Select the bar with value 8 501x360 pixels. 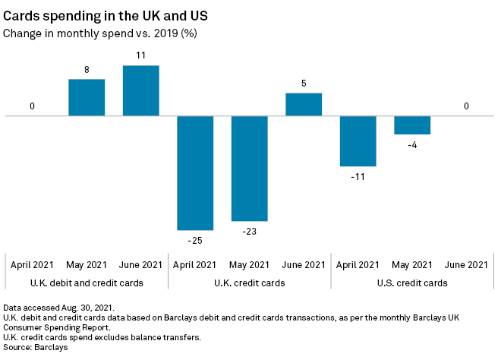pyautogui.click(x=87, y=97)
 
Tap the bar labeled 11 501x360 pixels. pyautogui.click(x=141, y=90)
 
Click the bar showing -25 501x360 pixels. pyautogui.click(x=195, y=172)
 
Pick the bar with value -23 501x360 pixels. pyautogui.click(x=250, y=168)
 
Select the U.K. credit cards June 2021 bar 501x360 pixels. pyautogui.click(x=304, y=104)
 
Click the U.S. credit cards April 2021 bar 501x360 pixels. pyautogui.click(x=358, y=141)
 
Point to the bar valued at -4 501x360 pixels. pyautogui.click(x=412, y=125)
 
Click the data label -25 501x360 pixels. pyautogui.click(x=195, y=240)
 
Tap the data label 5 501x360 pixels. pyautogui.click(x=304, y=84)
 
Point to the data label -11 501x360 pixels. pyautogui.click(x=358, y=176)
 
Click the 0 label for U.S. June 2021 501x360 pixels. pyautogui.click(x=466, y=106)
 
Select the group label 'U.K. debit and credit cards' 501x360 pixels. pyautogui.click(x=87, y=283)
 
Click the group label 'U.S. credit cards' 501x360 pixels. pyautogui.click(x=412, y=283)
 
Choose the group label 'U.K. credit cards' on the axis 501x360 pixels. pyautogui.click(x=250, y=283)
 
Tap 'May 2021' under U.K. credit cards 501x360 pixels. pyautogui.click(x=250, y=264)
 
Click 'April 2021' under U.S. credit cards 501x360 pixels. pyautogui.click(x=358, y=264)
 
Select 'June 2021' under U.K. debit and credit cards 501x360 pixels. pyautogui.click(x=141, y=264)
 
